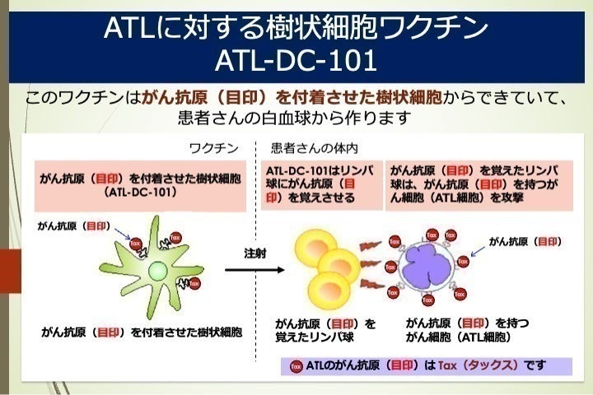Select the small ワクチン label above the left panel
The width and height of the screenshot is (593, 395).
[x=214, y=149]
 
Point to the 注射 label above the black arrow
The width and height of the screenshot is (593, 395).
[x=256, y=252]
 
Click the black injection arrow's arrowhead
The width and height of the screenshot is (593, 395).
[x=283, y=269]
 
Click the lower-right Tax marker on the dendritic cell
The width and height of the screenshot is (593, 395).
[x=194, y=284]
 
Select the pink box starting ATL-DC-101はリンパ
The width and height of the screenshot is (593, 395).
[x=322, y=184]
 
